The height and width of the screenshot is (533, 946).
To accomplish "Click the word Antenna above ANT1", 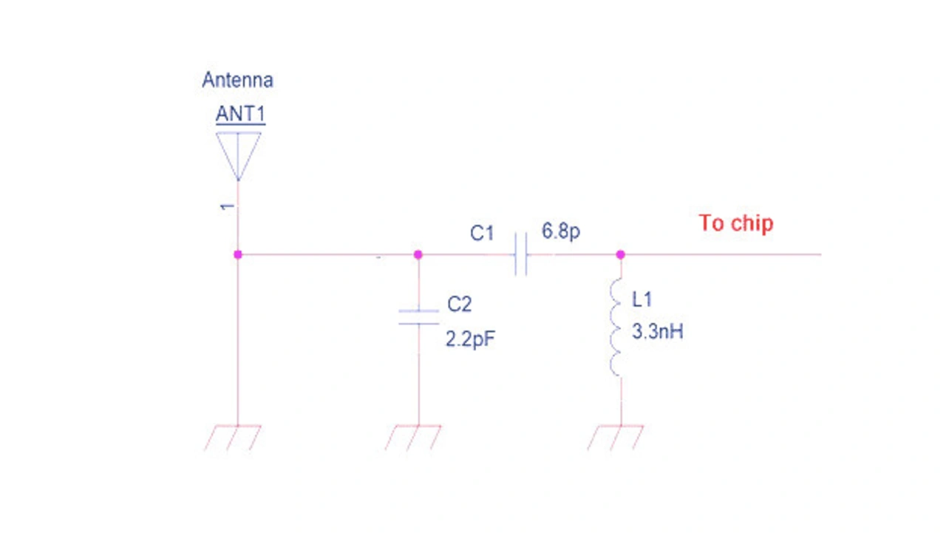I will point(237,80).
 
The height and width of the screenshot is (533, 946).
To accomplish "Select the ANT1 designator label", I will point(240,115).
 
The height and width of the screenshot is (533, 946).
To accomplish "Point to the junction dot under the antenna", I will point(238,254).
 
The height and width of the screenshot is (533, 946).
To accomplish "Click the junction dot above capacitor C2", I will point(418,254).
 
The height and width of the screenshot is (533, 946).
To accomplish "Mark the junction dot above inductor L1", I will point(620,254).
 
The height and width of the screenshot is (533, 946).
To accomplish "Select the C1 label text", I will point(482,234).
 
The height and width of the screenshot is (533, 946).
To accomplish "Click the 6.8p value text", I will point(561,231).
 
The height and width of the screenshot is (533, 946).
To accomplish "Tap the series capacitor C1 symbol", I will point(521,254).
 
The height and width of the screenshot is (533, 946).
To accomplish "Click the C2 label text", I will point(459,305).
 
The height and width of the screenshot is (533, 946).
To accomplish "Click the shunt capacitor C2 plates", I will point(418,317).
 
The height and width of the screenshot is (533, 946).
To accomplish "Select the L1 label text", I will point(642,299).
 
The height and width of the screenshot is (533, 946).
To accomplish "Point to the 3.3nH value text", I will point(658,332).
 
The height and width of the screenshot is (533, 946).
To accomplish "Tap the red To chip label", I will point(736,223).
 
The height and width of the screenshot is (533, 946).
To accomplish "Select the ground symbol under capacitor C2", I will point(414,437).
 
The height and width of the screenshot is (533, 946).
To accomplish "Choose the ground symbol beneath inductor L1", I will point(616,437).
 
